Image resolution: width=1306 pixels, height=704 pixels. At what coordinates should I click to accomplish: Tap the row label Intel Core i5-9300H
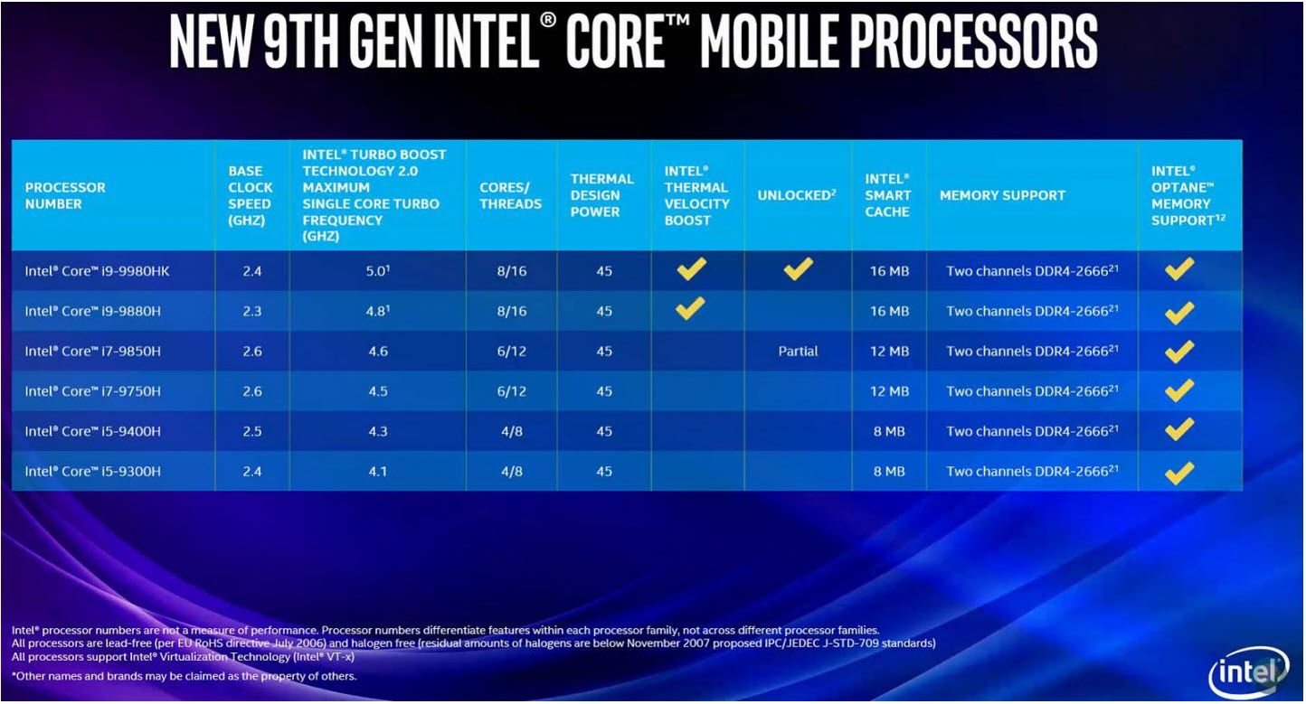coord(92,472)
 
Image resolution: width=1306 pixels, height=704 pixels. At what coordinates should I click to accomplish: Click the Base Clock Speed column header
coord(251,195)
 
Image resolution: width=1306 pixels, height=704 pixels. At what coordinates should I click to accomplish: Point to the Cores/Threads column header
coord(510,195)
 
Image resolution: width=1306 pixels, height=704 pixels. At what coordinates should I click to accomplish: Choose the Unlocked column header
coord(796,195)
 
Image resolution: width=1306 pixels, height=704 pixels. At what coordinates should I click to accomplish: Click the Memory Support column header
coord(1002,195)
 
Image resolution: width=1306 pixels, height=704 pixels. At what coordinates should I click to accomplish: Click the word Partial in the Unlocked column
coord(798,352)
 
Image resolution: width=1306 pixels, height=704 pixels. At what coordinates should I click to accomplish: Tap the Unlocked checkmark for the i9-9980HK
coord(798,268)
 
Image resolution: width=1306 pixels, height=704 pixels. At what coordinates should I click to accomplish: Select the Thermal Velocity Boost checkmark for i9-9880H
coord(690,308)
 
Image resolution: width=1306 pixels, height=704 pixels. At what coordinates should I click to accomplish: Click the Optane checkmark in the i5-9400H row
coord(1179,430)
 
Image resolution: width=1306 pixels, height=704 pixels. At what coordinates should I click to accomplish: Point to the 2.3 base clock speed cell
coord(251,311)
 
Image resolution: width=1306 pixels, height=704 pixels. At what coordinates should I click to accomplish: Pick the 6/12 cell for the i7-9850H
coord(510,352)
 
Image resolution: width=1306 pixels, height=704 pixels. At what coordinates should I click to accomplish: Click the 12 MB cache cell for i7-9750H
coord(889,391)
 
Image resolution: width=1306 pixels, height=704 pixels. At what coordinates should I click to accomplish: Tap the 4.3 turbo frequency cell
coord(378,432)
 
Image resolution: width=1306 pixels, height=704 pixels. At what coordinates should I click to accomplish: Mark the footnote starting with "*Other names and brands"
coord(184,676)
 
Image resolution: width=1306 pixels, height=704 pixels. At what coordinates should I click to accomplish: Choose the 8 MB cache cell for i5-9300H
coord(889,472)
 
